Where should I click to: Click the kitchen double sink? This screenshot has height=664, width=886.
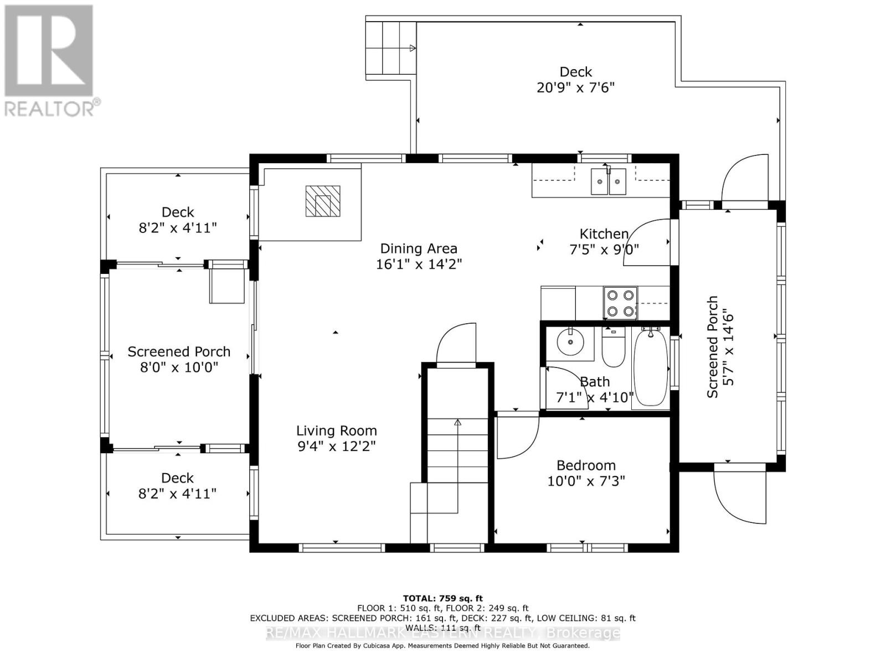[x=609, y=181]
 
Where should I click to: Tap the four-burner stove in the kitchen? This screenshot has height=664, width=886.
[x=620, y=303]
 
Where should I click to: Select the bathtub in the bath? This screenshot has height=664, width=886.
[x=651, y=367]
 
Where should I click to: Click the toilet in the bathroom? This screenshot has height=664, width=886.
[x=613, y=347]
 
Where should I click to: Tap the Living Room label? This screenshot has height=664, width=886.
[x=336, y=430]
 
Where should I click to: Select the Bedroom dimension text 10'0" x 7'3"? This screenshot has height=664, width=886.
[x=586, y=481]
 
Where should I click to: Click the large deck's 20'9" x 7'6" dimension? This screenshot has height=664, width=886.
[x=575, y=87]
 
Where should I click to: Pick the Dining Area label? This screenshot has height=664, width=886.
[x=418, y=248]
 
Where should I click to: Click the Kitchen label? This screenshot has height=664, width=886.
[x=604, y=234]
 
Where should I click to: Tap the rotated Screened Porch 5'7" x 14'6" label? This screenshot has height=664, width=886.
[x=720, y=346]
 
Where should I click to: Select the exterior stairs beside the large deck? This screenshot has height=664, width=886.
[x=390, y=49]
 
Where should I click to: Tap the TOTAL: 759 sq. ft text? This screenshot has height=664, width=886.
[x=442, y=598]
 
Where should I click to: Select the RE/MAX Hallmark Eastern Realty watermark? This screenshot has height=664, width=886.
[x=442, y=633]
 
